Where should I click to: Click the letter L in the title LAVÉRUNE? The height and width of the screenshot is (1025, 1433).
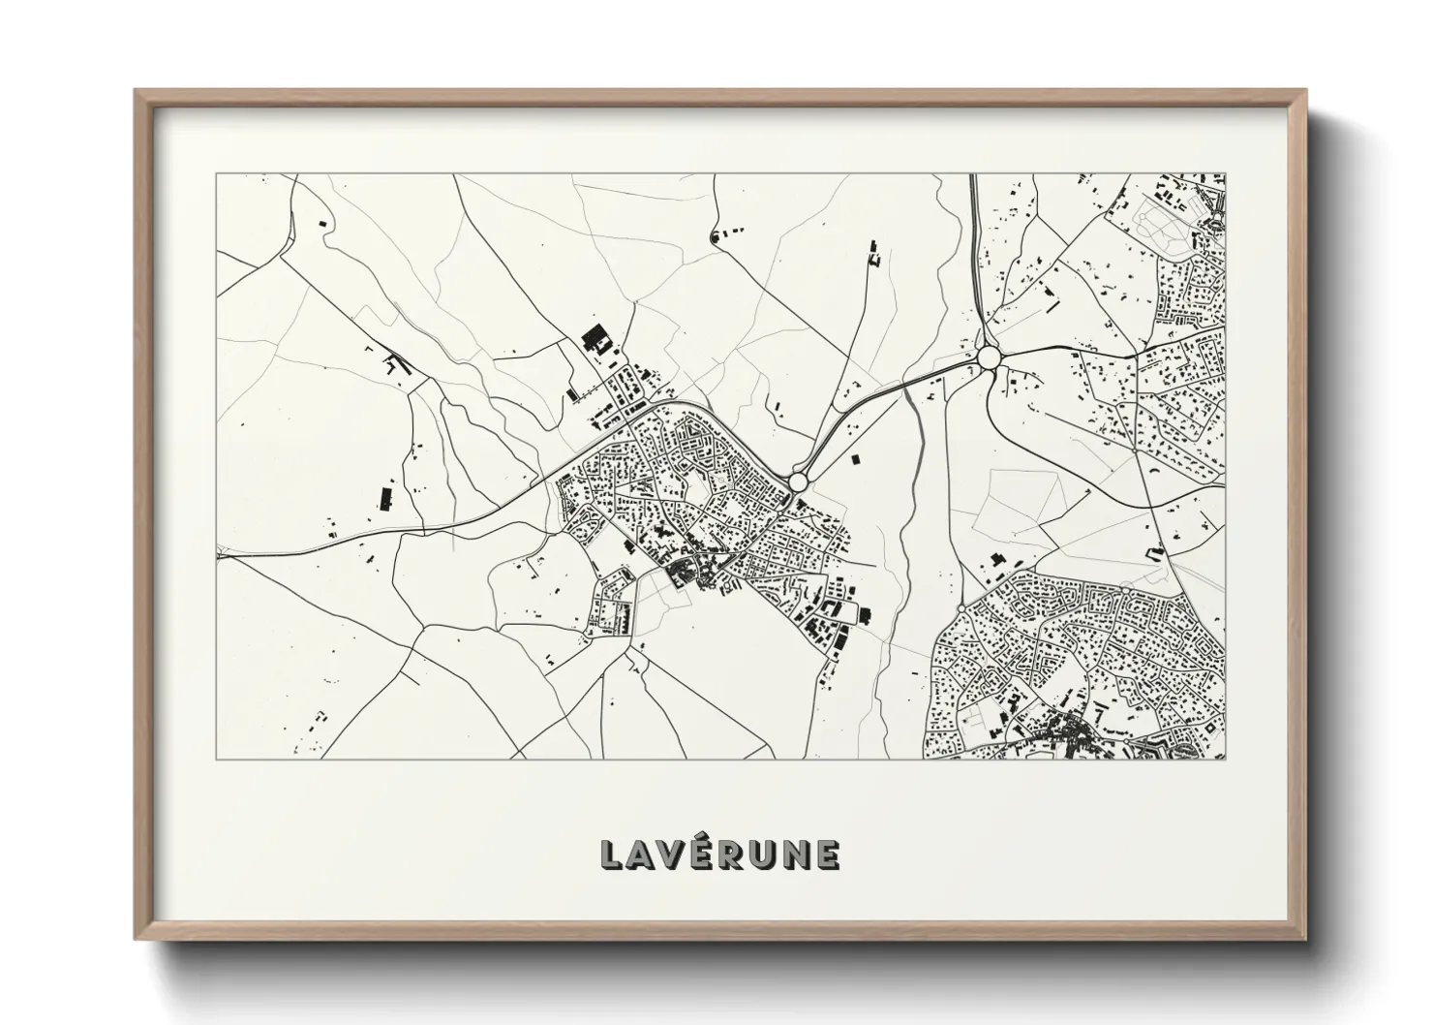612,854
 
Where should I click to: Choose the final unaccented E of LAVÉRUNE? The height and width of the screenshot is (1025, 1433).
827,854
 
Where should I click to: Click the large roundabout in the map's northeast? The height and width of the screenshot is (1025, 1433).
989,357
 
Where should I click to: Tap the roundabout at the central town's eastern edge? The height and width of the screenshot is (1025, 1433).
798,481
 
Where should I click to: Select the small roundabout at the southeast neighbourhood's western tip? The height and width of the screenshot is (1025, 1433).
960,607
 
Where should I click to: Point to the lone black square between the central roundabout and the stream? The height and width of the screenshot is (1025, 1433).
853,459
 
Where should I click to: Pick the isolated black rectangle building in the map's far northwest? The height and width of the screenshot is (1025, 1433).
322,223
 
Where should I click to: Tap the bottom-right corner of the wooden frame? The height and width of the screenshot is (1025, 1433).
1305,939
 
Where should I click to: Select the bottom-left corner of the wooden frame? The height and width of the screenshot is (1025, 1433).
136,939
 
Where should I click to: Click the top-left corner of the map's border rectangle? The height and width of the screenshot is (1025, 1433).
216,174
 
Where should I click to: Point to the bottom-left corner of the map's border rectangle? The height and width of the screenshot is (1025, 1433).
216,760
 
